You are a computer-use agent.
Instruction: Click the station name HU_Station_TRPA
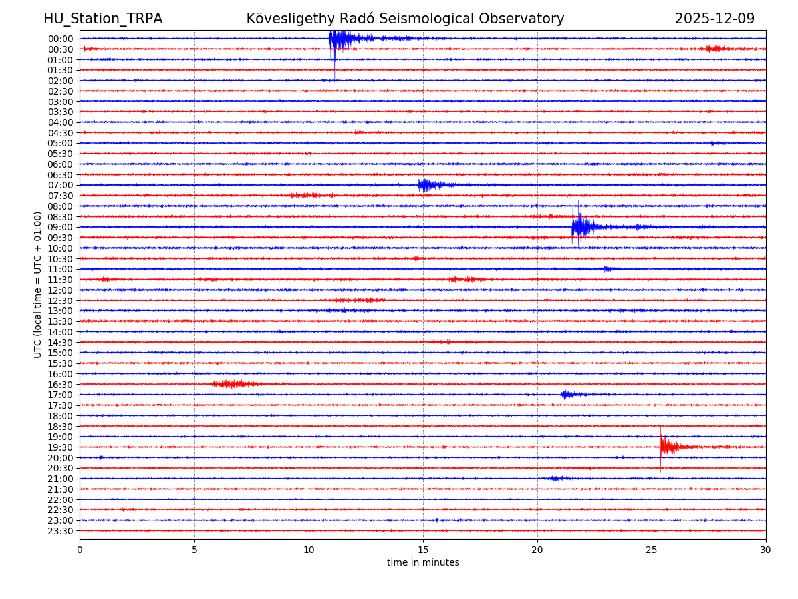[x=102, y=19]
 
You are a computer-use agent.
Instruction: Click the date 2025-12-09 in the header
[x=714, y=19]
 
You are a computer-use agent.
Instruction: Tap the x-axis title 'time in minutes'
[x=423, y=563]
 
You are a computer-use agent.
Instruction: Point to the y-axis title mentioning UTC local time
[x=38, y=284]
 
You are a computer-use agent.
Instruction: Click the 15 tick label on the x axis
[x=423, y=550]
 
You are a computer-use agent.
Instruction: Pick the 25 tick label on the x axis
[x=652, y=550]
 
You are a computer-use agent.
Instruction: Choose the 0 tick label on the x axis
[x=80, y=550]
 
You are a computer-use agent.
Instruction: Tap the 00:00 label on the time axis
[x=60, y=39]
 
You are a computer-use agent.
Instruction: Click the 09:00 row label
[x=60, y=227]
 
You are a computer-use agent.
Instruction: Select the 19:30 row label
[x=60, y=447]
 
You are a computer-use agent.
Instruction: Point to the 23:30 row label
[x=60, y=531]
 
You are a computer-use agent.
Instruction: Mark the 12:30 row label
[x=60, y=301]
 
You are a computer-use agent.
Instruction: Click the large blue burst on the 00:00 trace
[x=339, y=39]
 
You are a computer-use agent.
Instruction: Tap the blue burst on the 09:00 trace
[x=580, y=227]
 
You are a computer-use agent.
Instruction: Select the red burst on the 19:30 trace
[x=667, y=447]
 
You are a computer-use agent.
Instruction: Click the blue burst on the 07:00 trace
[x=426, y=185]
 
